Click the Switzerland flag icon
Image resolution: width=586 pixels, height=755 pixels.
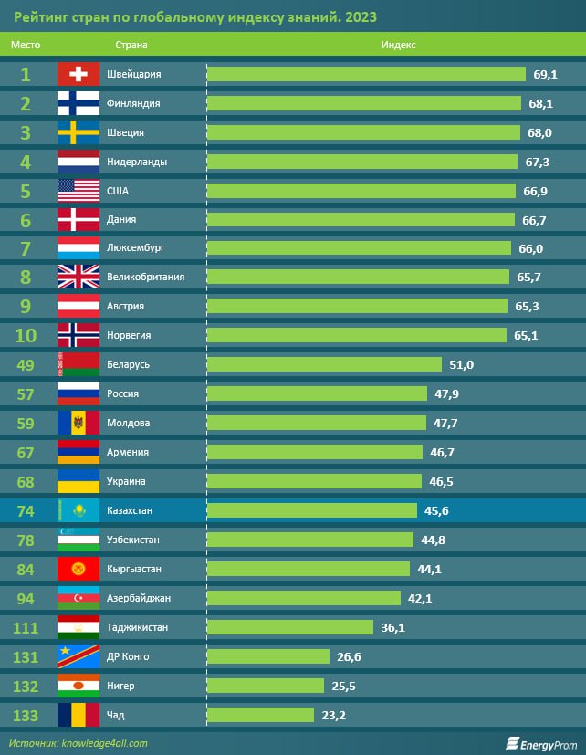[78, 74]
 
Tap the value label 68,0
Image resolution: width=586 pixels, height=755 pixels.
[539, 132]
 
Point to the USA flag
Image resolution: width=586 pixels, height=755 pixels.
[78, 191]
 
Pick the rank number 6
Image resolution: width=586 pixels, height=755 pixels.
[26, 220]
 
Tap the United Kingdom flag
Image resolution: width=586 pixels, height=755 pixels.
[78, 277]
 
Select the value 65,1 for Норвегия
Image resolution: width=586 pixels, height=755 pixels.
[526, 335]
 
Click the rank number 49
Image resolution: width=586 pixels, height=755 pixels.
[26, 364]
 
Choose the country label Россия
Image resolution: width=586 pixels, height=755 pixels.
[123, 393]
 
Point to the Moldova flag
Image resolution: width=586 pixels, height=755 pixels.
[78, 423]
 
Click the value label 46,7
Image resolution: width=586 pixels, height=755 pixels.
[443, 452]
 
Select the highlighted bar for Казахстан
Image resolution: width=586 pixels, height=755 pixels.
[311, 510]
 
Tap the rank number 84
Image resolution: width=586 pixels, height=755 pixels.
[26, 569]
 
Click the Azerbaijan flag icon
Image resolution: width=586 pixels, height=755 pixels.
[78, 598]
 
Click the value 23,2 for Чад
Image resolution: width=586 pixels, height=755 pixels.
[334, 715]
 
